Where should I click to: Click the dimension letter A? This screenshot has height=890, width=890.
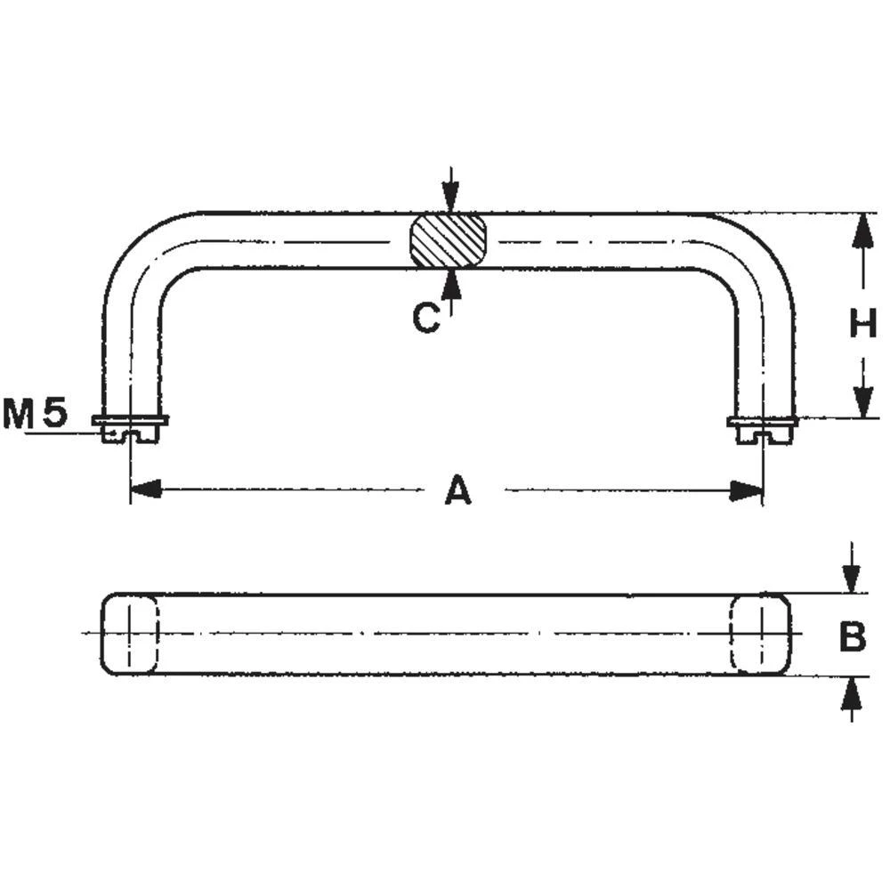tap(457, 490)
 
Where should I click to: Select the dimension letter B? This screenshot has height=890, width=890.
tap(852, 636)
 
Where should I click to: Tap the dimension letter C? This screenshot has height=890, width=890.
tap(426, 318)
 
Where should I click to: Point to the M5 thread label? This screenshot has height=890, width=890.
tap(36, 414)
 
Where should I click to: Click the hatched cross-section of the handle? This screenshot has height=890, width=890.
tap(449, 239)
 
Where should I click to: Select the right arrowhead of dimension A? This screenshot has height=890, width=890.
tap(748, 489)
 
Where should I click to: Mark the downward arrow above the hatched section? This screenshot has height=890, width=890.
tap(451, 197)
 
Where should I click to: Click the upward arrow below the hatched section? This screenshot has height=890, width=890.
tap(451, 283)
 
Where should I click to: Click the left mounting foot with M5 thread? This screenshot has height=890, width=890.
tap(131, 429)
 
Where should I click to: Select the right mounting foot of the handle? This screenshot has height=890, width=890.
tap(763, 429)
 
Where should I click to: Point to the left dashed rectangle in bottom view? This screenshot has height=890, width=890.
tap(131, 634)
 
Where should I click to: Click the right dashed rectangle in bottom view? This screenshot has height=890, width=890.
tap(761, 634)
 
